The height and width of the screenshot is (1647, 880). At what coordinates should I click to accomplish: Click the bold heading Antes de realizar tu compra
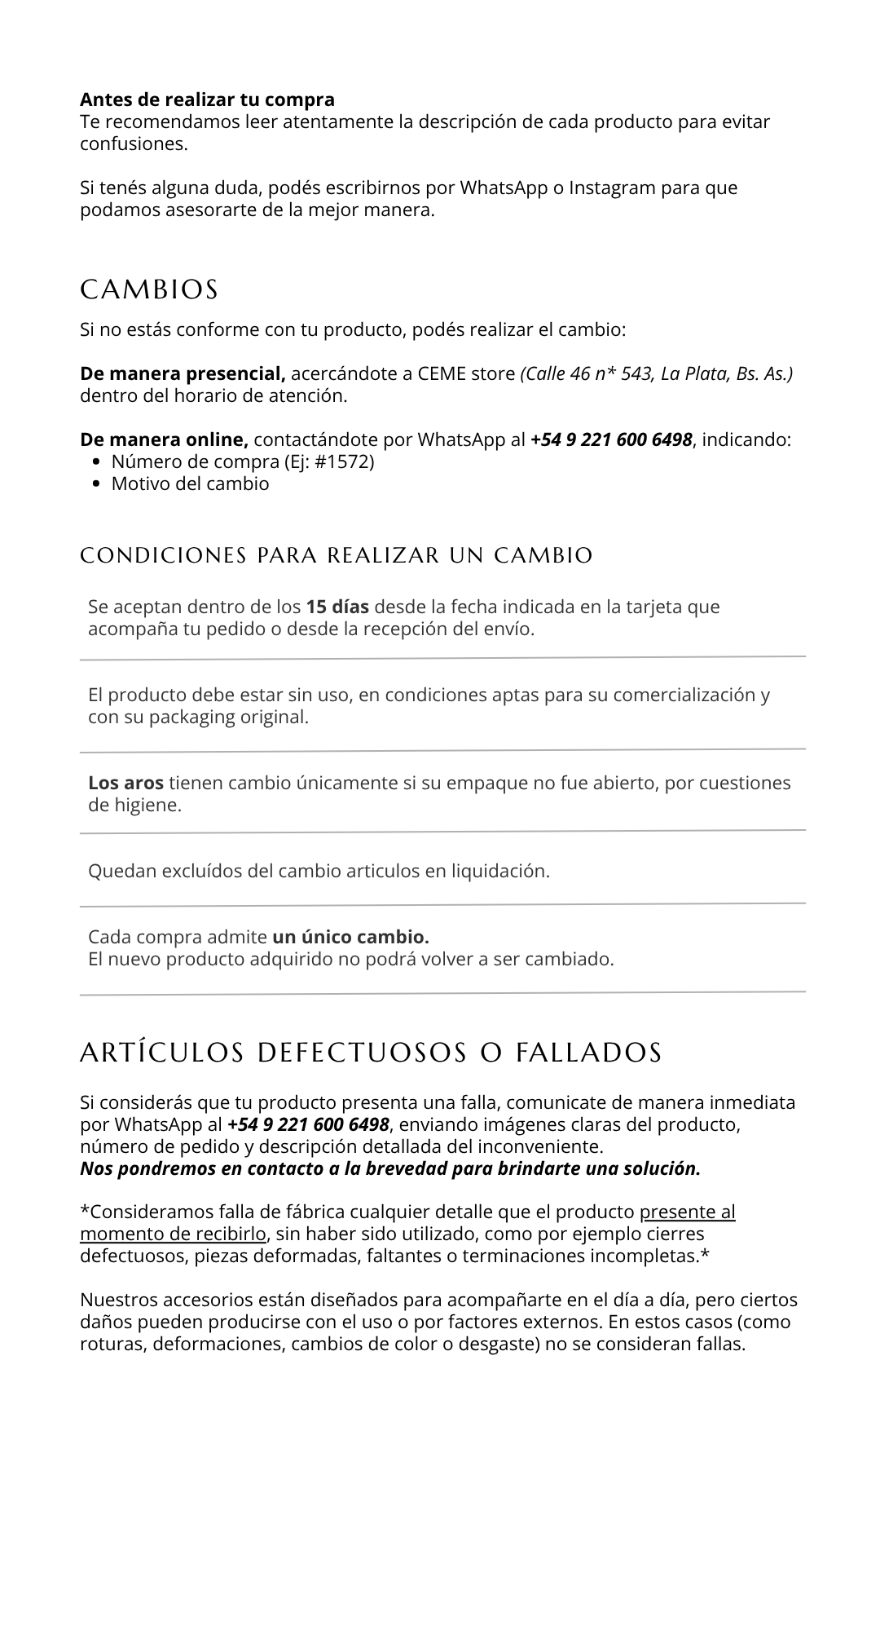pos(207,99)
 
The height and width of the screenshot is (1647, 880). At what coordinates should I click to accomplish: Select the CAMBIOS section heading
pos(149,289)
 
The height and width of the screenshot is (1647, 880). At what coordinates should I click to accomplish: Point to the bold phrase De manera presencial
pos(183,374)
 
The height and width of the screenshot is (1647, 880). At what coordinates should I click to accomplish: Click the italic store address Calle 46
pos(657,374)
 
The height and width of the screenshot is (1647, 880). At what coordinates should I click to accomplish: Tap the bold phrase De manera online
pos(164,440)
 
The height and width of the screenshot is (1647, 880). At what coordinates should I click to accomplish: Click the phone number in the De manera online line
pos(611,440)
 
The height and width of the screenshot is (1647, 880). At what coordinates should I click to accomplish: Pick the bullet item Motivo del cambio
pos(190,484)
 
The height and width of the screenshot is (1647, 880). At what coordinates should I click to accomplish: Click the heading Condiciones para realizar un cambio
pos(336,555)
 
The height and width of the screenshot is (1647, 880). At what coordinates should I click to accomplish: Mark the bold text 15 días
pos(337,607)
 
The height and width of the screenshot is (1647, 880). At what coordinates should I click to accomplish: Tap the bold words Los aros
pos(125,784)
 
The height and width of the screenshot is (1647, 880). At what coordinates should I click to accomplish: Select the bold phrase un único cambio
pos(350,937)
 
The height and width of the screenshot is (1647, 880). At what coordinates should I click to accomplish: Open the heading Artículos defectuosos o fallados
pos(371,1053)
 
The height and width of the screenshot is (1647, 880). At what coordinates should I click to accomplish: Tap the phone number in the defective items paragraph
pos(308,1125)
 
